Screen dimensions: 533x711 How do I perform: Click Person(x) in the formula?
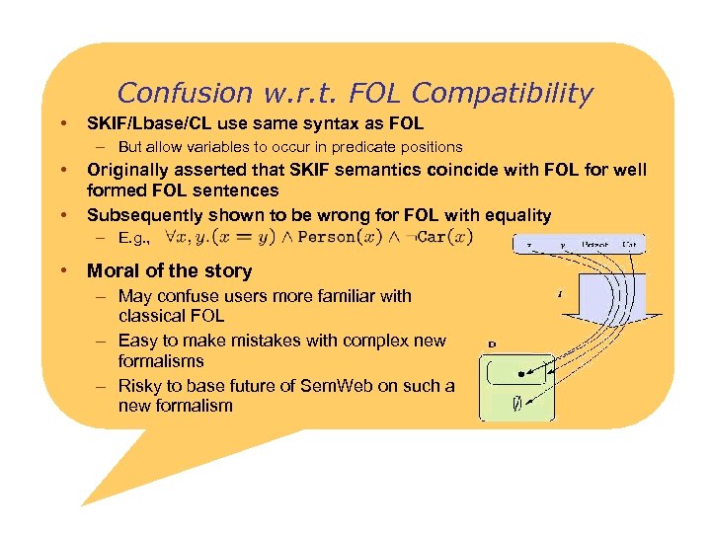(x=339, y=237)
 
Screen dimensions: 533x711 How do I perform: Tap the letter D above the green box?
(x=492, y=344)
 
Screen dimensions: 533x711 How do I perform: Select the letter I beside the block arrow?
(x=560, y=292)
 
